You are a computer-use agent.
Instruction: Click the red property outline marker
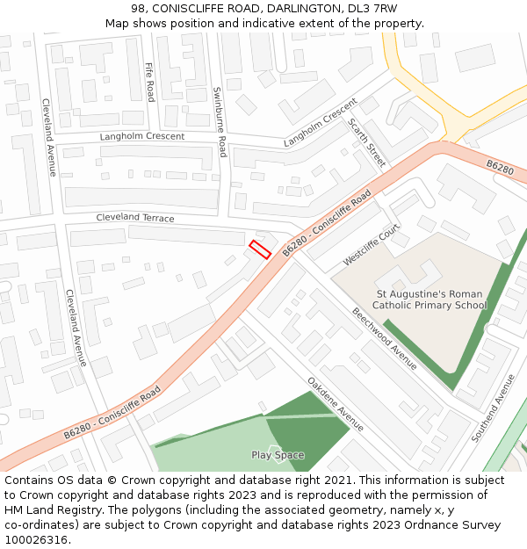click(x=259, y=249)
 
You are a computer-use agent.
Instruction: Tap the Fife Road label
click(x=149, y=82)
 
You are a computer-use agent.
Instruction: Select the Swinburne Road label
click(x=220, y=122)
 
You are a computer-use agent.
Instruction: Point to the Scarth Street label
click(x=366, y=142)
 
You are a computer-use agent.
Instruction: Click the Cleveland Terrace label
click(x=135, y=218)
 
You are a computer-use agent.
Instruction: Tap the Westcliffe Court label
click(x=372, y=245)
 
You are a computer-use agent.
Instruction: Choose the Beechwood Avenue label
click(x=385, y=338)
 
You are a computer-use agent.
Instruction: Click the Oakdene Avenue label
click(x=336, y=404)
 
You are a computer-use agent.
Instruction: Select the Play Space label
click(x=278, y=455)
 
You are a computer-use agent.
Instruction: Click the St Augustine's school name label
click(x=430, y=300)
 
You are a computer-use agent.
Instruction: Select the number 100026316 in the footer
click(x=37, y=540)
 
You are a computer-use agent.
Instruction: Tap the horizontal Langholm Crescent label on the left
click(x=141, y=137)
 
